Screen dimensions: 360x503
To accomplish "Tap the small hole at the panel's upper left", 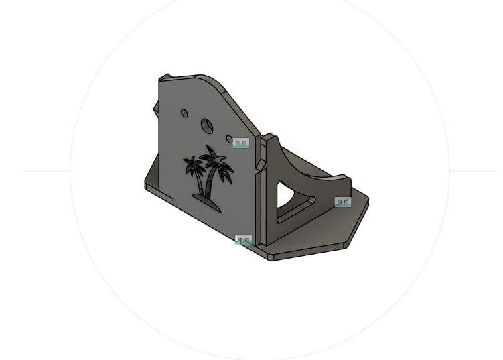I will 185,113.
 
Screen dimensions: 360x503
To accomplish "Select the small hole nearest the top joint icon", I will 229,139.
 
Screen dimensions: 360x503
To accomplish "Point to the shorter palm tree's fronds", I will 194,165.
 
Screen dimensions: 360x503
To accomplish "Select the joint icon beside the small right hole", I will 241,143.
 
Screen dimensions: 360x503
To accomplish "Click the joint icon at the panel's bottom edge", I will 244,240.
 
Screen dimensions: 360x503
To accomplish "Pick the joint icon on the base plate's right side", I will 343,202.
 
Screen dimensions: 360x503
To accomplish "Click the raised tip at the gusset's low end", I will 345,181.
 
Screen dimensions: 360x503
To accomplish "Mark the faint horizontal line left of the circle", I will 47,171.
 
